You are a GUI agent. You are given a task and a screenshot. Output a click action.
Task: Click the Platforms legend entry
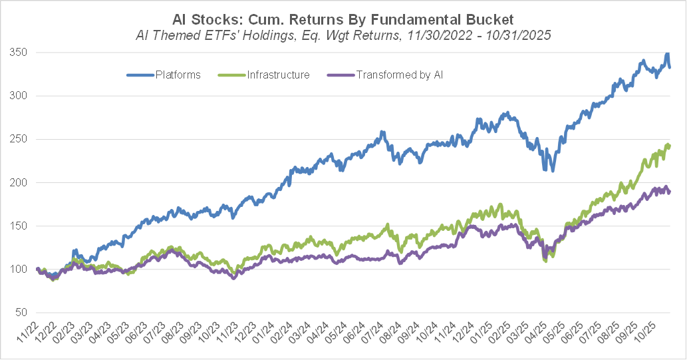(178, 75)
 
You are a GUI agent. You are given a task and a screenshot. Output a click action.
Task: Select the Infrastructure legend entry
(279, 75)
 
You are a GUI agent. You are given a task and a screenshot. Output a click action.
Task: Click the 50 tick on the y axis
(21, 313)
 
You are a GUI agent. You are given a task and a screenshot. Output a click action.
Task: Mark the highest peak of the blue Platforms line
(667, 55)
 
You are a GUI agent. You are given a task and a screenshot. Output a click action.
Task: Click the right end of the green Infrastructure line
(669, 145)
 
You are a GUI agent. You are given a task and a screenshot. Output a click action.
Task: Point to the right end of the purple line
(669, 192)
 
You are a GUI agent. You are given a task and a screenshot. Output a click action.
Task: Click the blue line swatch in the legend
(140, 75)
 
